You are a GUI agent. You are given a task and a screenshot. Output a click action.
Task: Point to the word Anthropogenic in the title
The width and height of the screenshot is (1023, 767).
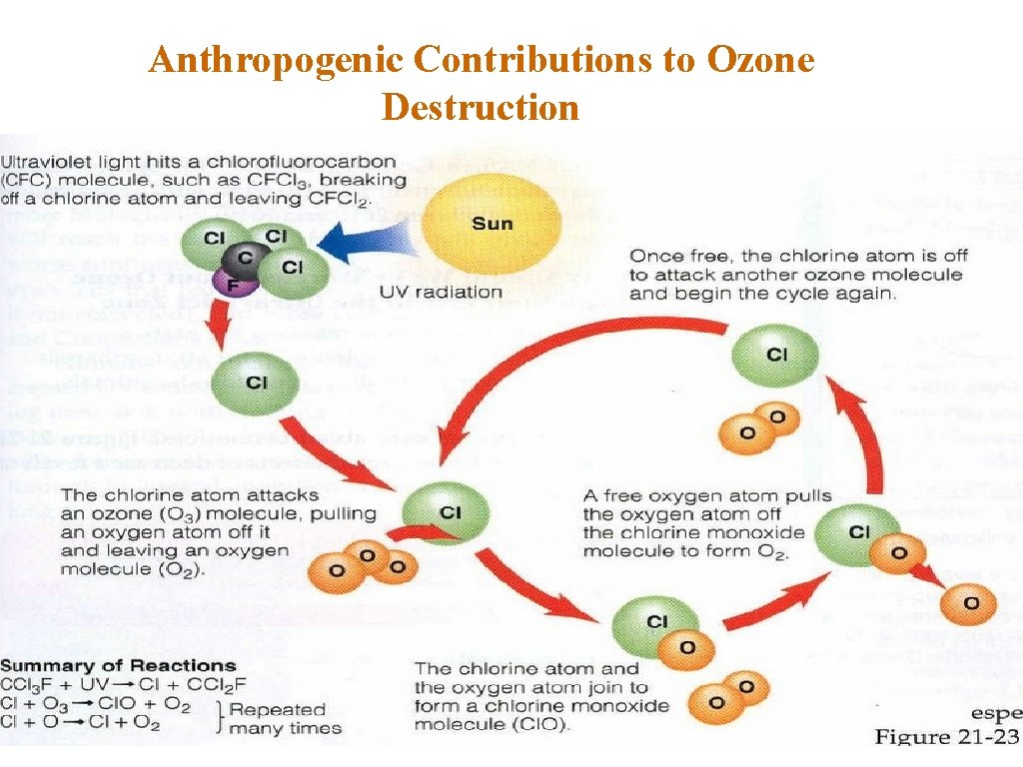point(275,61)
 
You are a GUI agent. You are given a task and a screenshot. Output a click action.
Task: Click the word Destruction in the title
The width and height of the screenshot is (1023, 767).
point(481,106)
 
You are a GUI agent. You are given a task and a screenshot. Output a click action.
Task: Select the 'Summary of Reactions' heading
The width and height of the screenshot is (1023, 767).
point(118,666)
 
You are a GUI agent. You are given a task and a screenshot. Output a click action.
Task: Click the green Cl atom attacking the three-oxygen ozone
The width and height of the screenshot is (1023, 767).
point(435,511)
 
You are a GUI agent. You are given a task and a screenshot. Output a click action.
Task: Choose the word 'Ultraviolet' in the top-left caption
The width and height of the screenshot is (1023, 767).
point(44,161)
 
